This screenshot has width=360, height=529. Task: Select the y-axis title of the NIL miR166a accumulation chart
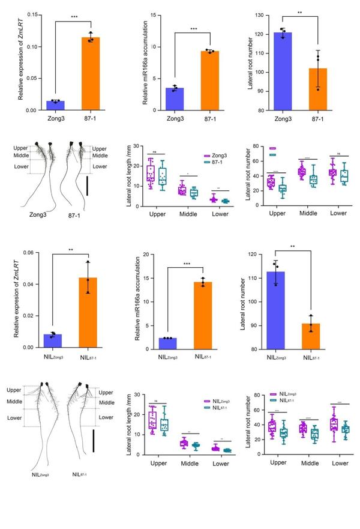[x=139, y=303]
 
